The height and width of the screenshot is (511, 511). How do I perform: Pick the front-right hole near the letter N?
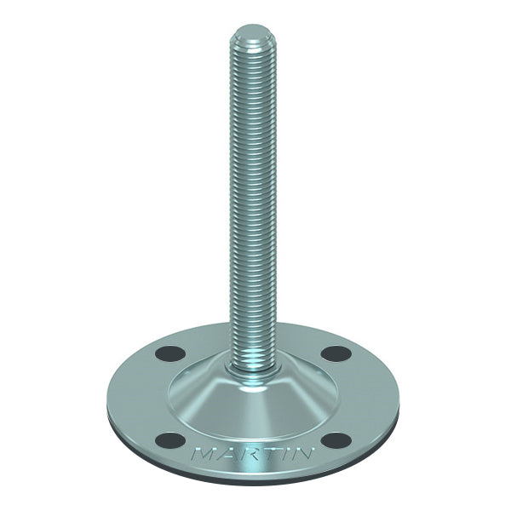pyautogui.click(x=338, y=440)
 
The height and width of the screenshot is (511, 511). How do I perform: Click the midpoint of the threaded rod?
pyautogui.click(x=255, y=196)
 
